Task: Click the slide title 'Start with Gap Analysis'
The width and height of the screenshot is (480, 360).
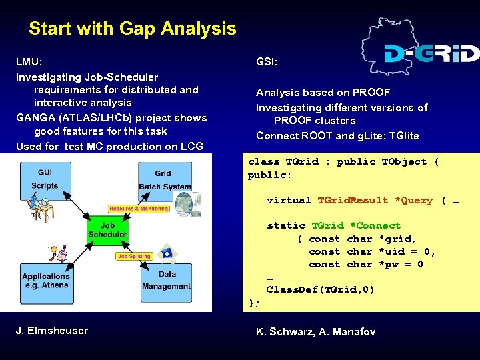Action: coord(132,29)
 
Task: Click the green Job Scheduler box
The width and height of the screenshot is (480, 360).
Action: coord(107,230)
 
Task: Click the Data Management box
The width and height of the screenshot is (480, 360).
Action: coord(167,280)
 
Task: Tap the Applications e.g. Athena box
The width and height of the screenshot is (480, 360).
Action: coord(45,281)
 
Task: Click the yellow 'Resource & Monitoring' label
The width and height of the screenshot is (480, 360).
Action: coord(139,209)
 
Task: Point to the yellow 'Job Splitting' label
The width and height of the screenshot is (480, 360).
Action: coord(133,256)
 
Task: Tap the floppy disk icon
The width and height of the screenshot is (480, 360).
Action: coord(166,253)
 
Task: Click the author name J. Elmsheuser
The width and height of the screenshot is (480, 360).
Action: coord(52,331)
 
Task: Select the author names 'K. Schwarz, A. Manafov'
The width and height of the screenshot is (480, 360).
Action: coord(315,331)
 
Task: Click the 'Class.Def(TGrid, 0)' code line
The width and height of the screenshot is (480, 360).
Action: coord(320,289)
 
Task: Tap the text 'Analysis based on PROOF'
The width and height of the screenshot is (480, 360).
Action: coord(323,93)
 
